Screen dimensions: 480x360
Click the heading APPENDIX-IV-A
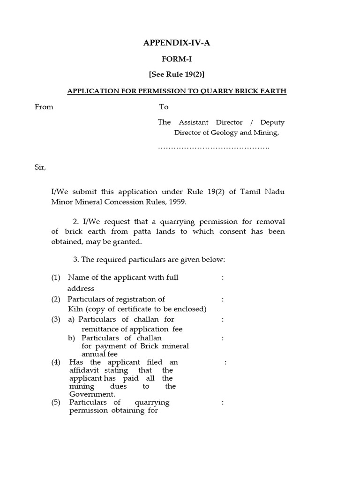tap(177, 44)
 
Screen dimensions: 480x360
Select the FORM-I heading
tap(177, 59)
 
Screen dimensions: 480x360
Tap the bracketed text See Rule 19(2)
tap(177, 75)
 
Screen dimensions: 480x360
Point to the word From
tap(44, 107)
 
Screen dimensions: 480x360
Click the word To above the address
tap(164, 107)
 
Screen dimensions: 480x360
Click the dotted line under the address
tap(214, 148)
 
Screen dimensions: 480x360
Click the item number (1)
tap(56, 277)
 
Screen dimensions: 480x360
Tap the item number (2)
tap(56, 299)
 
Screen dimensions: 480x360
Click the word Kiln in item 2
tap(75, 309)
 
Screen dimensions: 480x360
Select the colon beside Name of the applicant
tap(223, 277)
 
